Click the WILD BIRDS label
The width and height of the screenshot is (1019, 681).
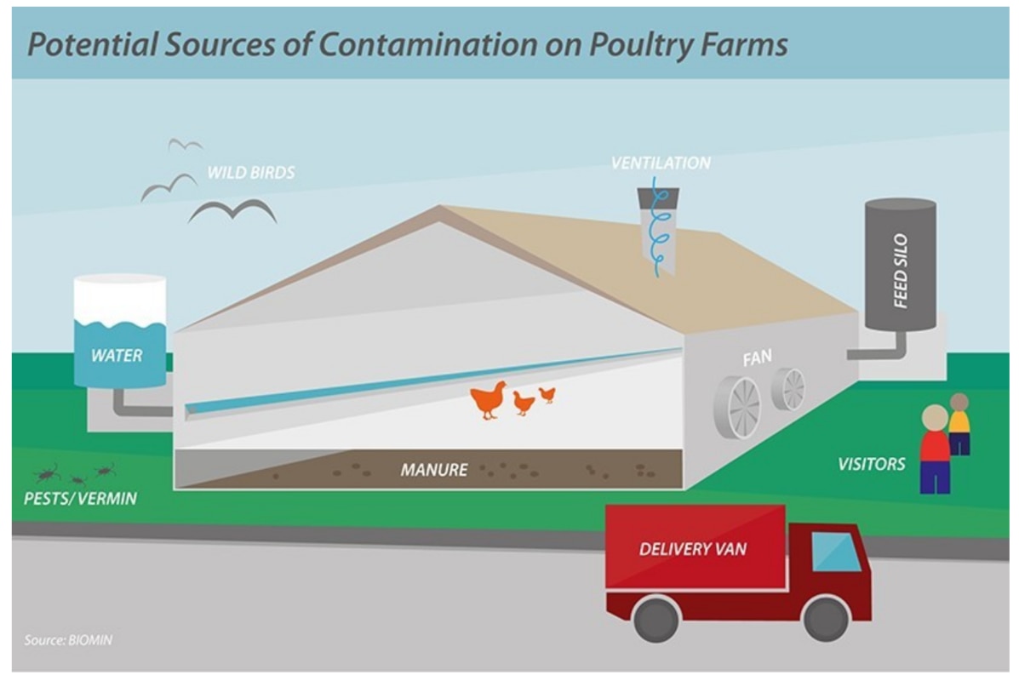pyautogui.click(x=250, y=173)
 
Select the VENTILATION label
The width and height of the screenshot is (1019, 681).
pyautogui.click(x=661, y=162)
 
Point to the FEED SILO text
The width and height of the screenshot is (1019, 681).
pyautogui.click(x=901, y=271)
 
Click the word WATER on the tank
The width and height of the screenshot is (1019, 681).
pyautogui.click(x=117, y=354)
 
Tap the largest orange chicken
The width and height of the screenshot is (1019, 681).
pyautogui.click(x=489, y=400)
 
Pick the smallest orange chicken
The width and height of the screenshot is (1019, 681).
pyautogui.click(x=547, y=393)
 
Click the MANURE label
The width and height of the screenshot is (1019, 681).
pyautogui.click(x=434, y=468)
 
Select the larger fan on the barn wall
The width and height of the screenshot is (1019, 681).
pyautogui.click(x=736, y=407)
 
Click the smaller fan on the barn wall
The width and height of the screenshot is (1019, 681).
pyautogui.click(x=788, y=389)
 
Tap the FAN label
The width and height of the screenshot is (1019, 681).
pyautogui.click(x=757, y=358)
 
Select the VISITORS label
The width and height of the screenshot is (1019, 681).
pyautogui.click(x=871, y=465)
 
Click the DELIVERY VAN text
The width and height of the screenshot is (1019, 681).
pyautogui.click(x=692, y=549)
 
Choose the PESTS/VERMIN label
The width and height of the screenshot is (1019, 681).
pyautogui.click(x=80, y=498)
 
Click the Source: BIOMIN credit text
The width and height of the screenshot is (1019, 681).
pyautogui.click(x=67, y=640)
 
